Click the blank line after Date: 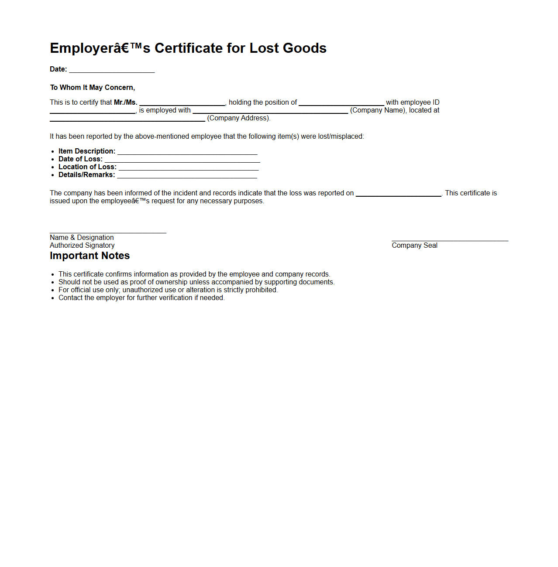point(112,70)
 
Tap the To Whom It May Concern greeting point(92,88)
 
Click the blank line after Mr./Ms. point(182,103)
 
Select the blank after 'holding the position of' point(341,103)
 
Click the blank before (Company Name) point(270,111)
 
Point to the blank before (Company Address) point(127,119)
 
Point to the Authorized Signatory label point(82,246)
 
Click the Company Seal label point(414,246)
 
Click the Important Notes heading point(90,256)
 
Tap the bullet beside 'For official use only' point(53,290)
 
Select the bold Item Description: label point(87,151)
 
